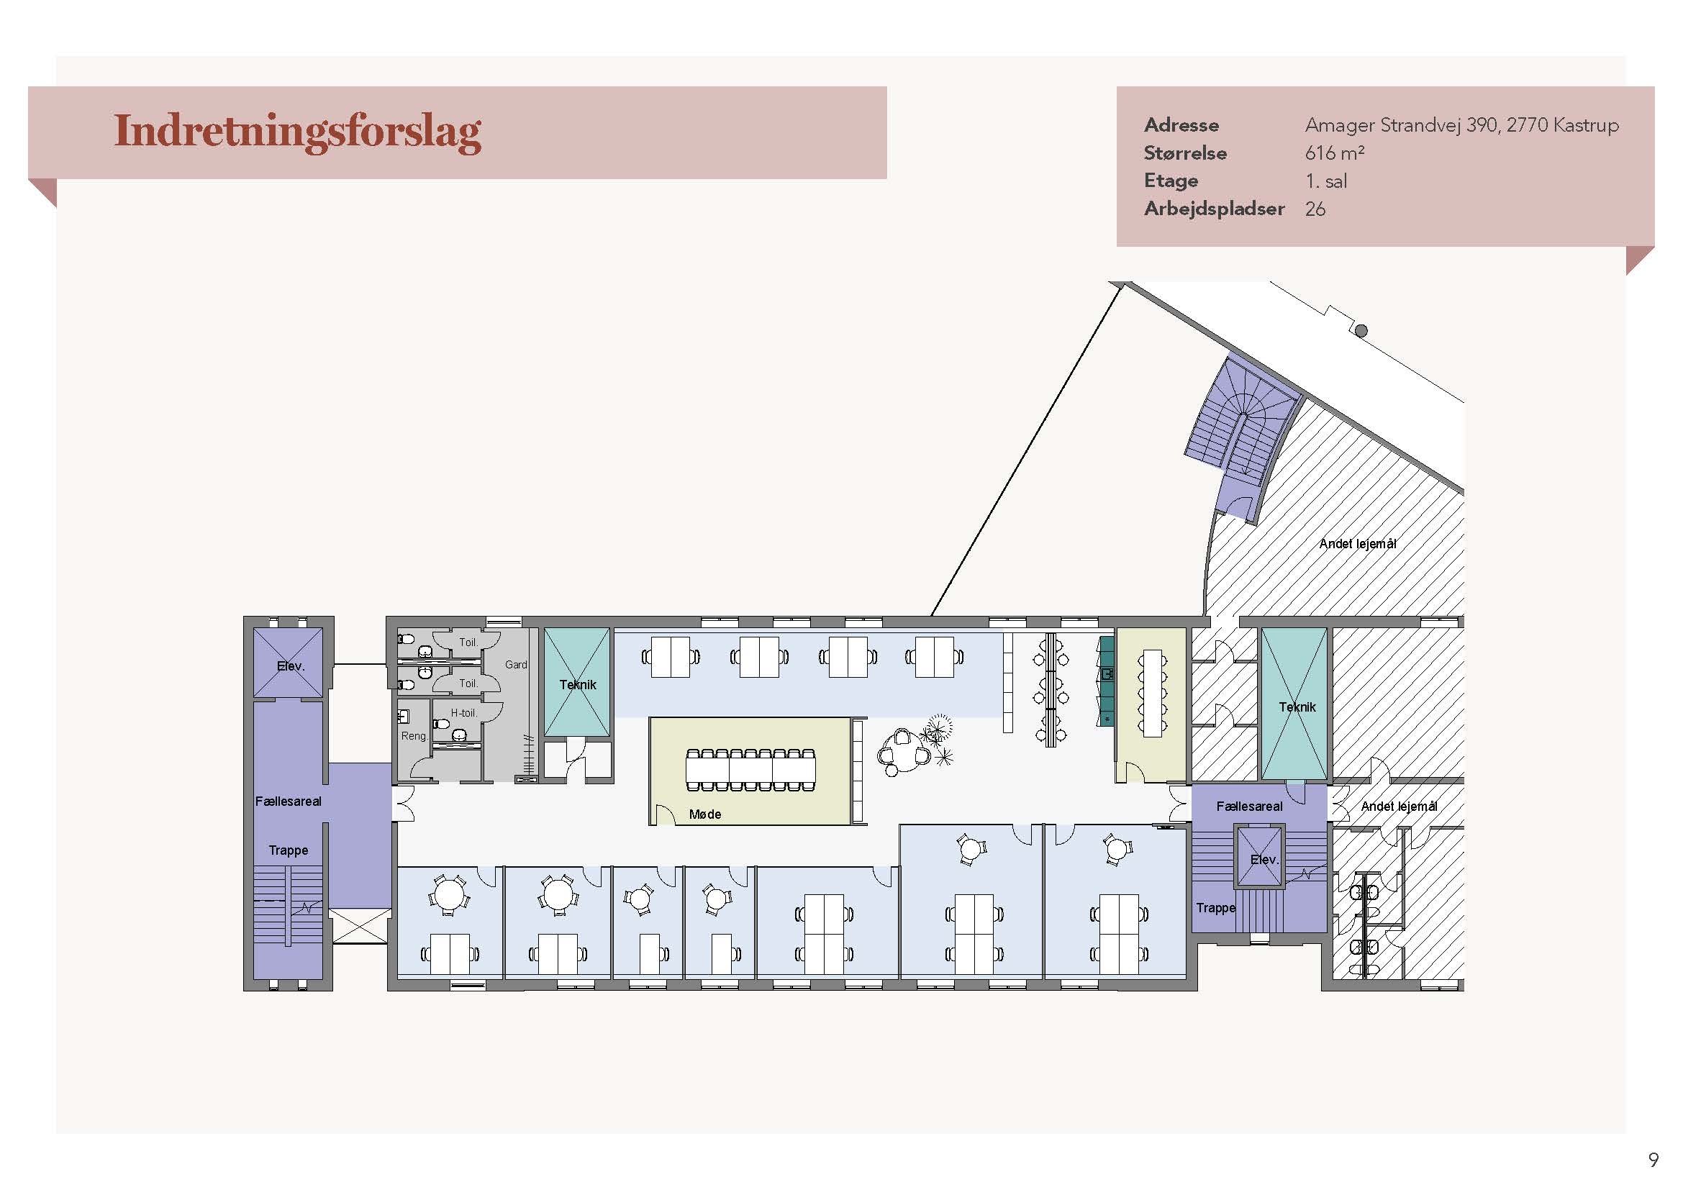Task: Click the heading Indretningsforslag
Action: tap(298, 132)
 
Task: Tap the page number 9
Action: tap(1653, 1160)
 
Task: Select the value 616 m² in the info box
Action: tap(1334, 153)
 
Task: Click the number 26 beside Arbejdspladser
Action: tap(1315, 209)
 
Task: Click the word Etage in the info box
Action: tap(1171, 181)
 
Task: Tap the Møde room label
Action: tap(705, 814)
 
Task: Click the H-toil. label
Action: tap(463, 712)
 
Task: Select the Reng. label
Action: tap(414, 736)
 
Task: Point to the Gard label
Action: tap(516, 665)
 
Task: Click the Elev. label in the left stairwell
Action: tap(290, 666)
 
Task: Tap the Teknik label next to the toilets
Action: tap(578, 684)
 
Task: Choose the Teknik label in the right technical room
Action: tap(1297, 707)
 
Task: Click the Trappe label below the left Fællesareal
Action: tap(288, 850)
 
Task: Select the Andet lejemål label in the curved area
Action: tap(1358, 544)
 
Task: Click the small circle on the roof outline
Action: tap(1361, 330)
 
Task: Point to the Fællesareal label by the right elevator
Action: tap(1249, 806)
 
